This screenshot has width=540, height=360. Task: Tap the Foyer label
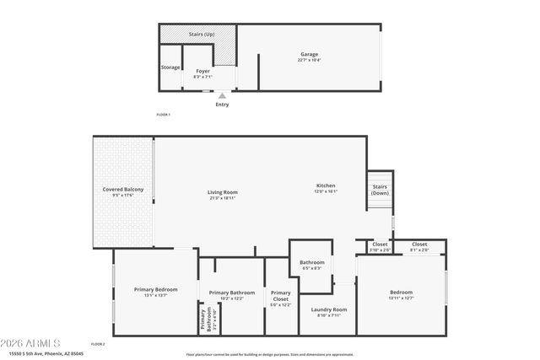[202, 71]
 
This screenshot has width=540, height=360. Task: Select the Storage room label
[170, 67]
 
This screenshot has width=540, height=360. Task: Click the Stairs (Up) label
[201, 35]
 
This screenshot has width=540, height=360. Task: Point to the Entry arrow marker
[222, 96]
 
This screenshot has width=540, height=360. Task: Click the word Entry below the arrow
[222, 105]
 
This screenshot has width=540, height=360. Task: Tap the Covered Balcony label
[123, 190]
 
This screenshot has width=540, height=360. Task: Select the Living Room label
[223, 192]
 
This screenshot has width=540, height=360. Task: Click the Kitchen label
[326, 185]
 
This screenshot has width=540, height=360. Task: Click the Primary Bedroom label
[155, 290]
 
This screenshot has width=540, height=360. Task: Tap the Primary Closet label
[280, 296]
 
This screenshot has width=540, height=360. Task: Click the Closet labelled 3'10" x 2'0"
[380, 244]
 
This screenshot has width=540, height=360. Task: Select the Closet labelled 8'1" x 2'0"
[419, 244]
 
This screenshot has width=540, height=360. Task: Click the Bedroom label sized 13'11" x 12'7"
[401, 293]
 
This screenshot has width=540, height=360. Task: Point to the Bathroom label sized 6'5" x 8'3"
[311, 262]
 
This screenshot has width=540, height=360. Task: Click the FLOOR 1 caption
[164, 115]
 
